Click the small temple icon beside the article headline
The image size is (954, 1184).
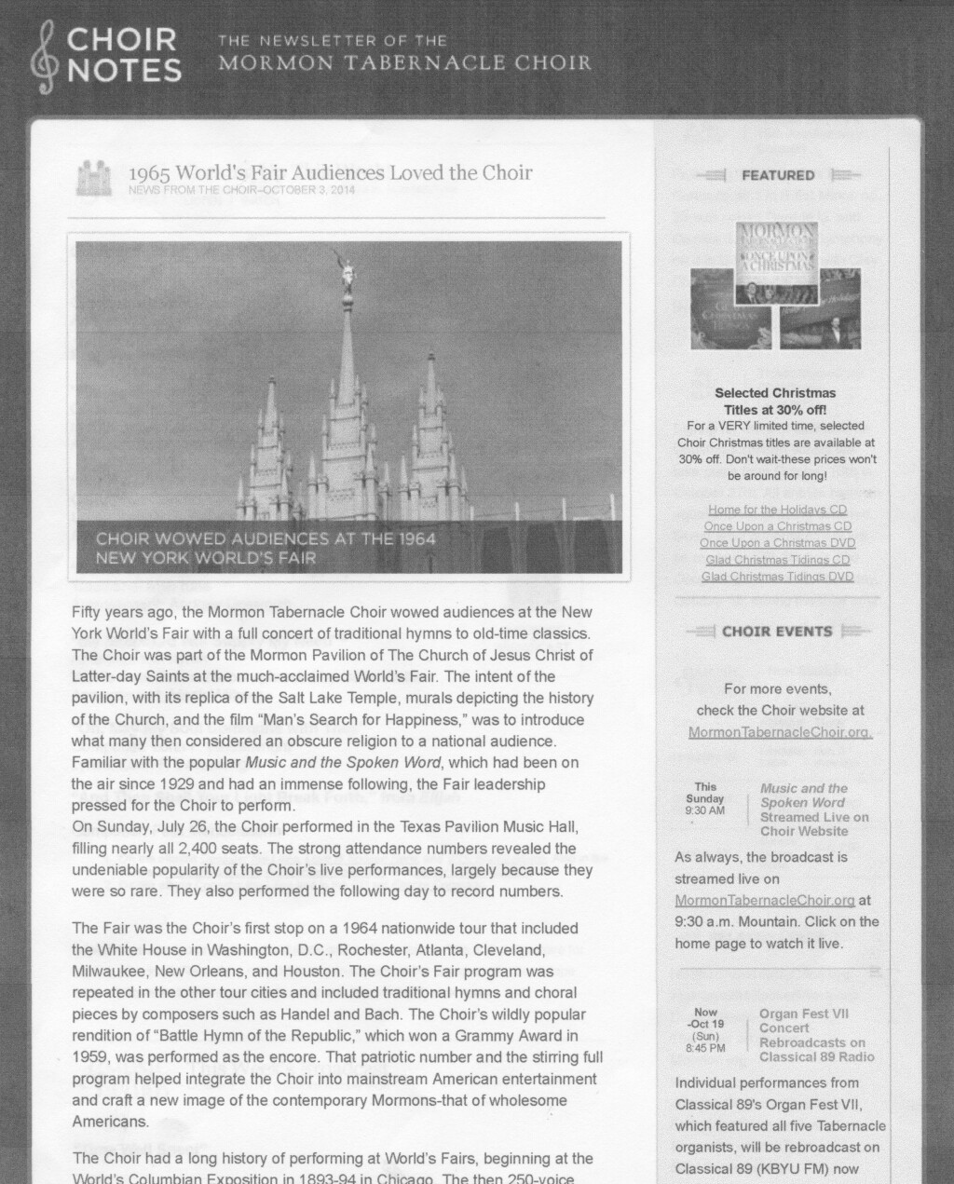pyautogui.click(x=93, y=178)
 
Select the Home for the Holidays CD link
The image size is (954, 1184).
pyautogui.click(x=777, y=510)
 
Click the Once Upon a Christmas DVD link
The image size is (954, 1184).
pyautogui.click(x=777, y=543)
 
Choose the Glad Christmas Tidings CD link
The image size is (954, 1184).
pyautogui.click(x=777, y=560)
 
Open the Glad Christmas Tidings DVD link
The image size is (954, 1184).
pyautogui.click(x=777, y=577)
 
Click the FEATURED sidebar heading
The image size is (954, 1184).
pyautogui.click(x=778, y=175)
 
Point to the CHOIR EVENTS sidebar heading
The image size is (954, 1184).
pyautogui.click(x=777, y=632)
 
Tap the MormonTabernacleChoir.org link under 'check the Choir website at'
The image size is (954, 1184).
pyautogui.click(x=780, y=732)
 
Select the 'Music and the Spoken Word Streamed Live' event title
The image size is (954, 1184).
pyautogui.click(x=813, y=810)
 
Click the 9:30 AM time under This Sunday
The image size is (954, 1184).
pyautogui.click(x=704, y=810)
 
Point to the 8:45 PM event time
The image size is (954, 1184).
pyautogui.click(x=704, y=1048)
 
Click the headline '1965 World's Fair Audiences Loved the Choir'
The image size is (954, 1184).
pyautogui.click(x=330, y=173)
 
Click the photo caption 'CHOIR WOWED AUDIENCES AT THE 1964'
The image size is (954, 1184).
pyautogui.click(x=266, y=539)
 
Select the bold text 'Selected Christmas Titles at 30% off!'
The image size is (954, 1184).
pyautogui.click(x=775, y=401)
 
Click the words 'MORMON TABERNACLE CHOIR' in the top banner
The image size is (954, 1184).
pyautogui.click(x=404, y=64)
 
